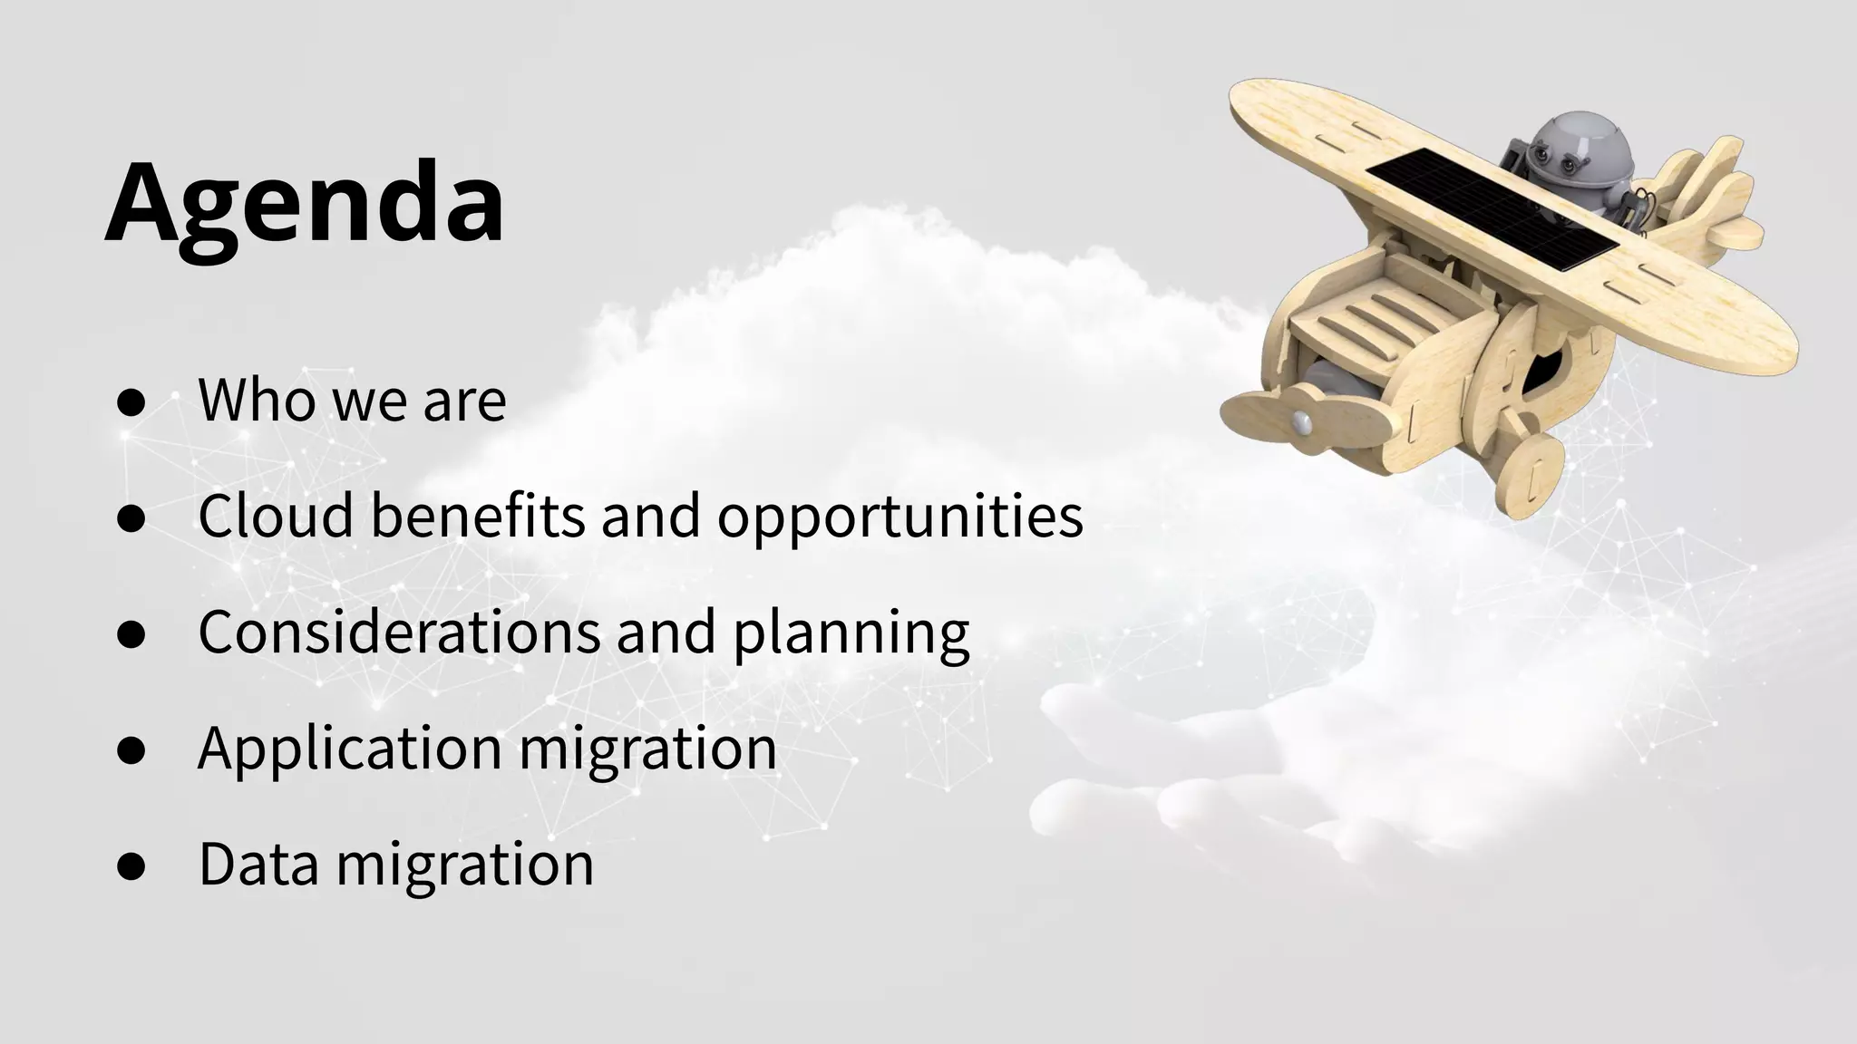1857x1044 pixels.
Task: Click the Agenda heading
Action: click(x=305, y=204)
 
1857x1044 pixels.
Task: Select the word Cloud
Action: click(x=276, y=515)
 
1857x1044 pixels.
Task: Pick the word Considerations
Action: click(x=399, y=631)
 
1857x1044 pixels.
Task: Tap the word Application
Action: click(x=350, y=749)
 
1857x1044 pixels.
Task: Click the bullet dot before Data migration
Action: click(x=131, y=866)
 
